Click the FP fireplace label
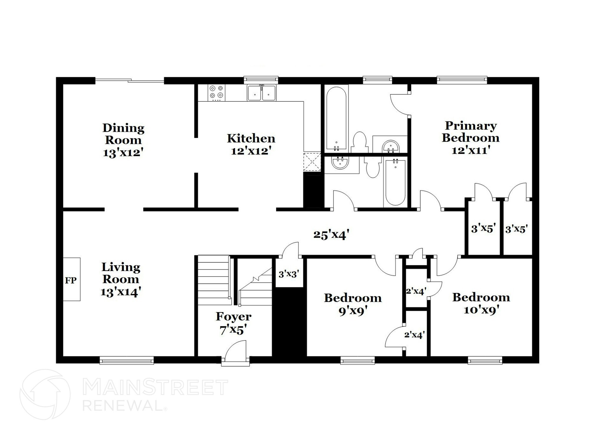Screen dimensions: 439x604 tap(71, 280)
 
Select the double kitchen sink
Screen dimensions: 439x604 tap(262, 93)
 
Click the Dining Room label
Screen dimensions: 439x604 tap(123, 134)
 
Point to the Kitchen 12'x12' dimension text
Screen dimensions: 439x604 tap(251, 151)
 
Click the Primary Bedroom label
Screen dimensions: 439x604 tap(471, 132)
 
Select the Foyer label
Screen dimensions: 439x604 tap(234, 317)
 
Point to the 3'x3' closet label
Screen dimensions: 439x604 tap(289, 274)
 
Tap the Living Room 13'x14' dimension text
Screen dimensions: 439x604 tap(121, 292)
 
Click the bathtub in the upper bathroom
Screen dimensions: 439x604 tap(337, 118)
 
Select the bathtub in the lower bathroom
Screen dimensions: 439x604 tap(395, 181)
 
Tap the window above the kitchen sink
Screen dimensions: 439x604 tap(261, 79)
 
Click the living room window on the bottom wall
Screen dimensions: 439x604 tap(127, 360)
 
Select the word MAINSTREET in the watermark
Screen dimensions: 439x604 tap(155, 388)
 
